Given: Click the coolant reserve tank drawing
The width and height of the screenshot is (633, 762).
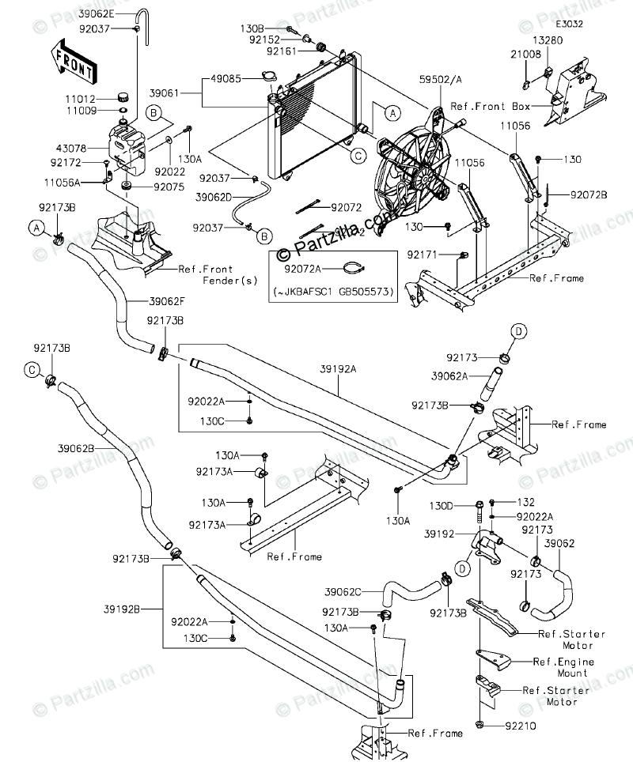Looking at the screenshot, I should [124, 147].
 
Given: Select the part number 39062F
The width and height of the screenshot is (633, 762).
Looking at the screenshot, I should [167, 301].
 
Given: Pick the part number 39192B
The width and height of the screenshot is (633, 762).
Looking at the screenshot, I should [143, 609].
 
